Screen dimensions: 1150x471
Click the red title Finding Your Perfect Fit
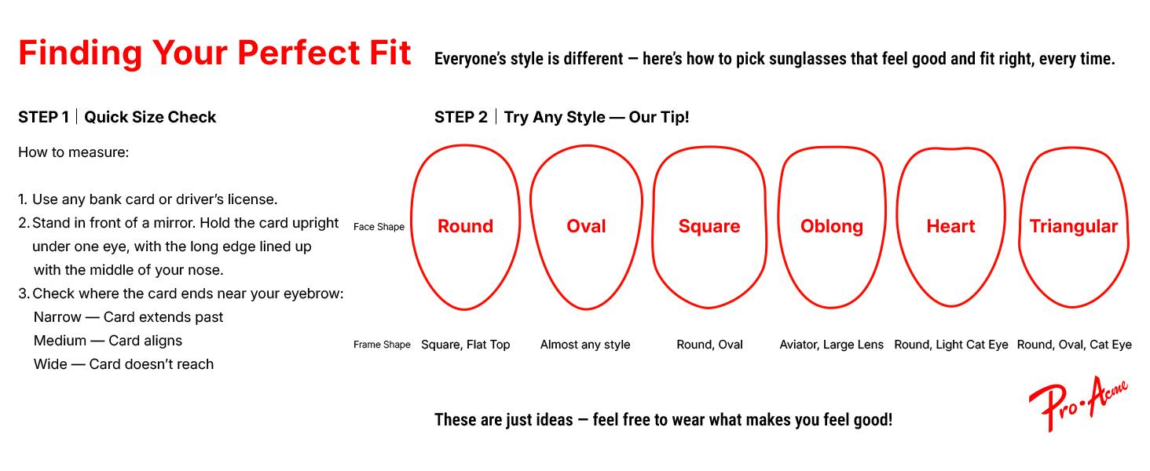(x=214, y=53)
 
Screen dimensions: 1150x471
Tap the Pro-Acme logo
(x=1079, y=403)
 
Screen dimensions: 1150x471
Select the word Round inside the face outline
(x=465, y=226)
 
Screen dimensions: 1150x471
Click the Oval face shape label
(x=586, y=226)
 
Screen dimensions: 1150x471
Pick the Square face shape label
(x=709, y=226)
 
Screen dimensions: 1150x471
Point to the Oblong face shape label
(x=832, y=226)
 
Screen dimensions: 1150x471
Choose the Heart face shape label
(x=950, y=226)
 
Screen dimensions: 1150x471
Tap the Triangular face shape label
(x=1074, y=226)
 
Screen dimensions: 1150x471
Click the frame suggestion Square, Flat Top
(x=466, y=345)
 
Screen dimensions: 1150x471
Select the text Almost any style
(x=585, y=345)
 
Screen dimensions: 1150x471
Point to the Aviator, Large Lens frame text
(x=832, y=345)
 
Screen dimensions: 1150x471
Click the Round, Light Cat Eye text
(x=951, y=345)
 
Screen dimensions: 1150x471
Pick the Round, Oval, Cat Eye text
(x=1075, y=345)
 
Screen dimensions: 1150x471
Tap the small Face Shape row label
(x=379, y=227)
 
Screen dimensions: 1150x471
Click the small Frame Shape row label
(x=382, y=345)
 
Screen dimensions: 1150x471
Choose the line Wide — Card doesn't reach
(x=124, y=364)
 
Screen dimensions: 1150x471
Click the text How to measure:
(x=73, y=152)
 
